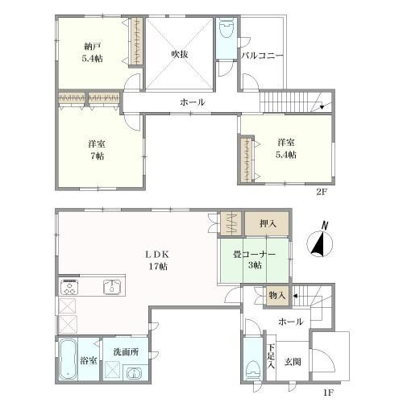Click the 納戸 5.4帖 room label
pos(92,52)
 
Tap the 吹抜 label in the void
pos(180,54)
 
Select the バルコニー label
pos(262,56)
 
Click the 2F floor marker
pos(322,192)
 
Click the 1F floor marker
pos(328,393)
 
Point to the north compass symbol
pos(320,241)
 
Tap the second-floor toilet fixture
pos(226,27)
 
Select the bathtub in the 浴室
pos(68,359)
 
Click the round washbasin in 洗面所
pos(134,373)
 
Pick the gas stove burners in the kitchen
pos(69,286)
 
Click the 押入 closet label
pos(268,223)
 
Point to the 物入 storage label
pos(277,296)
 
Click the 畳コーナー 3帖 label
pos(254,260)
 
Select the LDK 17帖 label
pos(157,260)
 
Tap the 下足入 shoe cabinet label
pos(271,356)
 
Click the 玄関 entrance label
pos(293,362)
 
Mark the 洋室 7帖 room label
pos(97,150)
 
